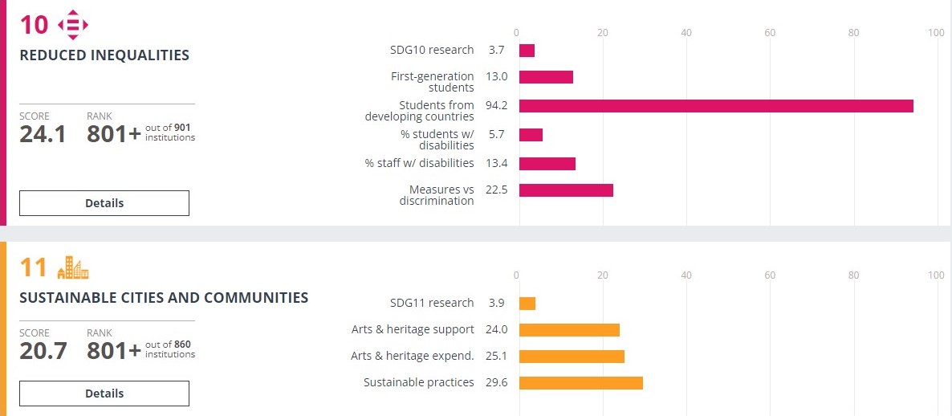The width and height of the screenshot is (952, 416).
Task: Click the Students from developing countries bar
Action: coord(716,106)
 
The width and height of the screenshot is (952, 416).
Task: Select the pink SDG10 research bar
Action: coord(527,51)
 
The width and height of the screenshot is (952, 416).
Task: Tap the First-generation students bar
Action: coord(546,77)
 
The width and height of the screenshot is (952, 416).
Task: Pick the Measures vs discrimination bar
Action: coord(566,190)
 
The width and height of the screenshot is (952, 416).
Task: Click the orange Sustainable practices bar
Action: coord(581,383)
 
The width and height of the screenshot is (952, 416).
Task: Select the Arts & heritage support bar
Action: coord(569,330)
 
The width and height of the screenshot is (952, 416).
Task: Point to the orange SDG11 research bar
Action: coord(527,304)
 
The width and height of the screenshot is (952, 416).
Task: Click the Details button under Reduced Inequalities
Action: coord(104,203)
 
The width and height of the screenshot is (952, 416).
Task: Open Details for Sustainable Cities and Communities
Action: coord(104,394)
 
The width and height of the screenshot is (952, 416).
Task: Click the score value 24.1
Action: coord(43,134)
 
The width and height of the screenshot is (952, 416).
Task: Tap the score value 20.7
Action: coord(43,351)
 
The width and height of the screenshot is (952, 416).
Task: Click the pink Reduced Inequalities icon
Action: coord(73,25)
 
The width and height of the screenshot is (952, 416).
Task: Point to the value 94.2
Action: coord(497,106)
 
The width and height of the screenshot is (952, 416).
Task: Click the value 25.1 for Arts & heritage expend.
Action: coord(497,357)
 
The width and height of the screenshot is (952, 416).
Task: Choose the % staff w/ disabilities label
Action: coord(419,164)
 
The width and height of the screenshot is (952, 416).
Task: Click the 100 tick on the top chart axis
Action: coord(935,32)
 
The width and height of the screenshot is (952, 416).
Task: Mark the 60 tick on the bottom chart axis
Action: coord(770,275)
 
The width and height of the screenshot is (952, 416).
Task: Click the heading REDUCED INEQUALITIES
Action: coord(104,55)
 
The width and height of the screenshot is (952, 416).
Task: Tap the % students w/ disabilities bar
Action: coord(531,135)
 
